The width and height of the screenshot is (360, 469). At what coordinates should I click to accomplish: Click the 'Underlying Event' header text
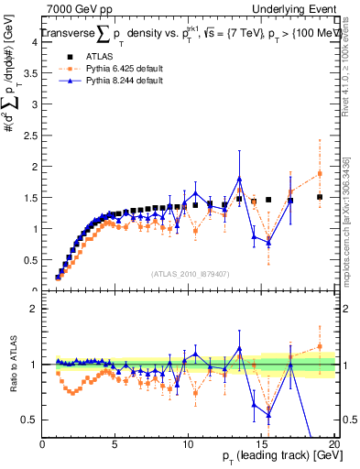tap(295, 7)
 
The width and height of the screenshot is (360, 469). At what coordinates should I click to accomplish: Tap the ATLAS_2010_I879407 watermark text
tap(189, 273)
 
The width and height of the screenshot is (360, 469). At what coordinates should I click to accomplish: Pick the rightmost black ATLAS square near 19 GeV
tap(320, 197)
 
